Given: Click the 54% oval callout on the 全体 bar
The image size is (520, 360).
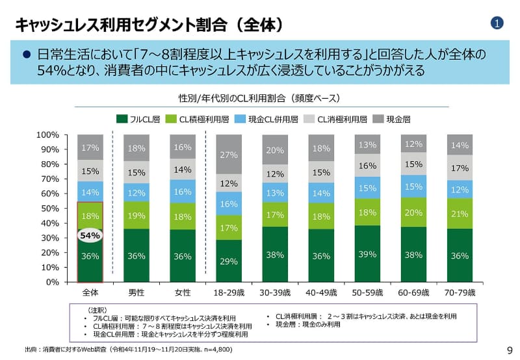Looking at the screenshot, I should coord(90,236).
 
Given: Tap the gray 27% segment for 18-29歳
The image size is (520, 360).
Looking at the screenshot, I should coord(229,155).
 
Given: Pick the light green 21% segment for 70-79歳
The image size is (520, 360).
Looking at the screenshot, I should coord(460,214).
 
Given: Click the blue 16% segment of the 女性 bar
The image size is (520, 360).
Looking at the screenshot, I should coord(183,192).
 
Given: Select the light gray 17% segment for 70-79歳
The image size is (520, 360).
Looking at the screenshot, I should coord(460,168).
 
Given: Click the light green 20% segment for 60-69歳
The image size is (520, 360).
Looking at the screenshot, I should coord(413,212).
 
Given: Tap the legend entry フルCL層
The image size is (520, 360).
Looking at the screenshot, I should coord(138,119).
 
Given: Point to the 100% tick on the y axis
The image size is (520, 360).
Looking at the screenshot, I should coord(48,135).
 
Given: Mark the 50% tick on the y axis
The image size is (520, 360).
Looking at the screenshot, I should coord(51,209).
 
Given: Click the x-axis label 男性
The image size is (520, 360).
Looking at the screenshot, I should coord(136,292).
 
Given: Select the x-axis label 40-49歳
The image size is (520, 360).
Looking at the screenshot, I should coord(321,292).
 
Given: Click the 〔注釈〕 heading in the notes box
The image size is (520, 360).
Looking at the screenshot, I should coord(98,310).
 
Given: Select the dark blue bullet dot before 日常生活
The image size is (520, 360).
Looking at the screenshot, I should coord(27,55).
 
